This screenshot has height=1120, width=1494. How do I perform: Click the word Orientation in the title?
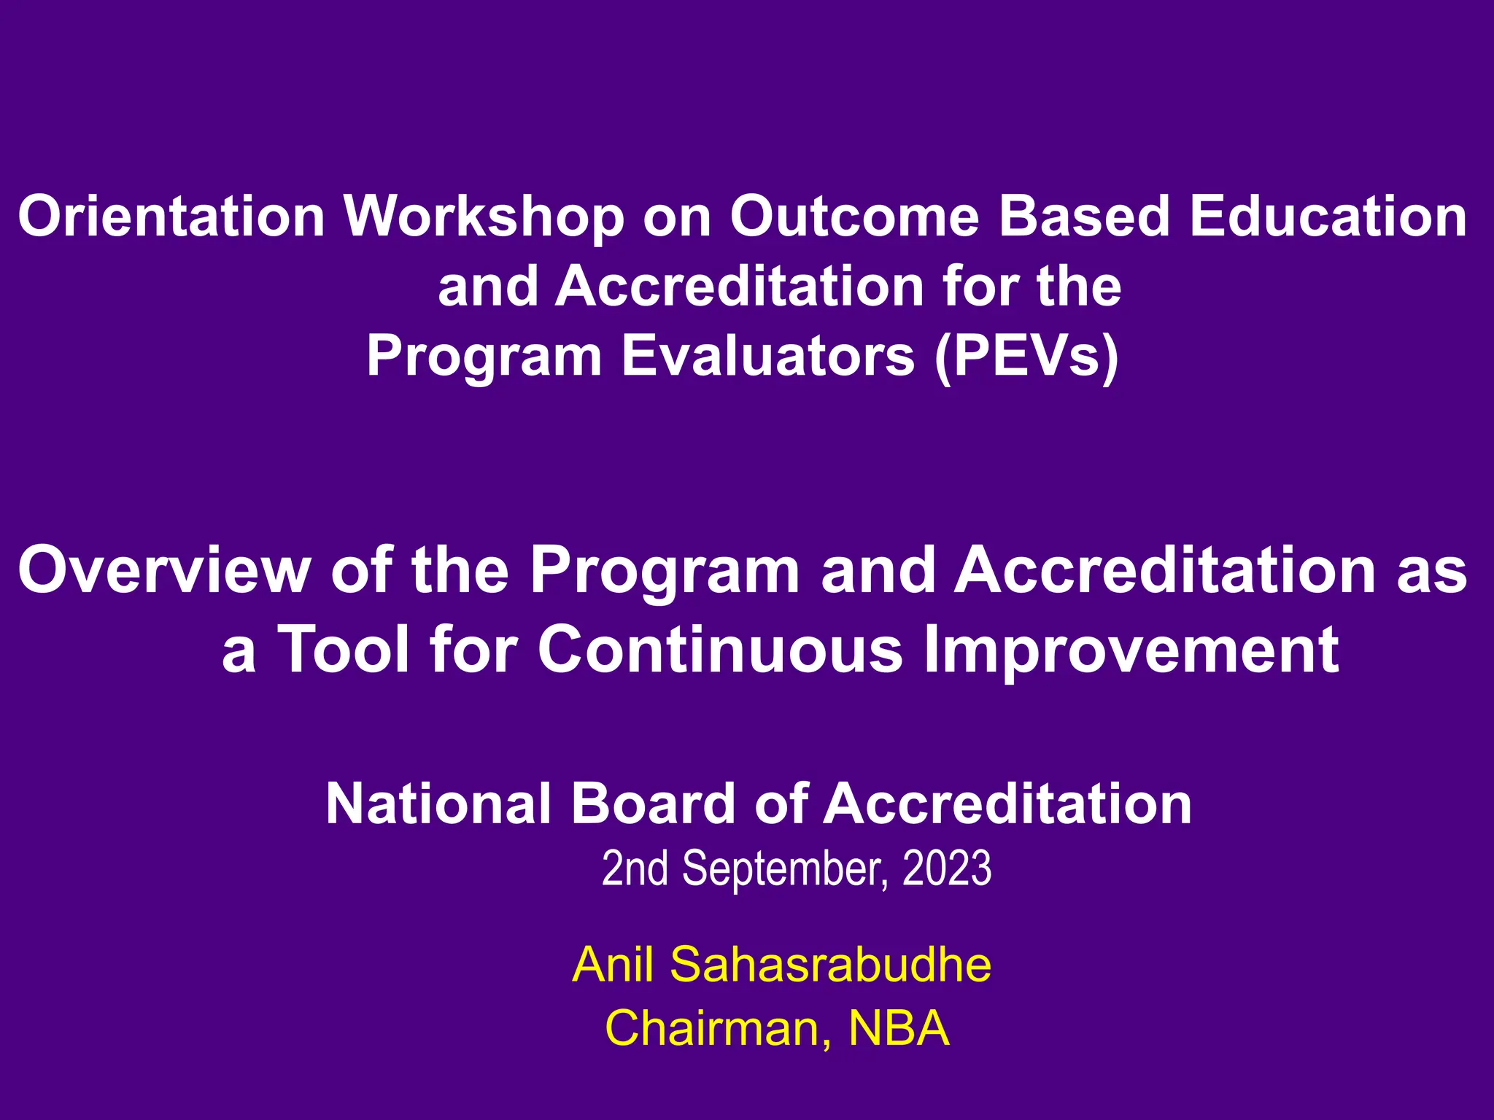pos(171,217)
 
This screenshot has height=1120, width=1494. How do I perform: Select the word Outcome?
pos(854,217)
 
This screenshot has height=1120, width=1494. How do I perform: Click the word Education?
pos(1328,217)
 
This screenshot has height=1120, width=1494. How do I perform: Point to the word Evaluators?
pos(767,357)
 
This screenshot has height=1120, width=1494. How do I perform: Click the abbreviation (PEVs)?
pos(1026,357)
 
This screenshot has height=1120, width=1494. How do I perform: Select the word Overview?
pos(164,571)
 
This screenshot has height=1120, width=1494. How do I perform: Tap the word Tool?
pos(345,650)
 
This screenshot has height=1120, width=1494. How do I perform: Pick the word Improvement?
pos(1131,650)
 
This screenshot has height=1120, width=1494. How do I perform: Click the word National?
pos(438,804)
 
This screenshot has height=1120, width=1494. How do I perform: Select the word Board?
pos(654,804)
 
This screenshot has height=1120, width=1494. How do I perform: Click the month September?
pos(785,869)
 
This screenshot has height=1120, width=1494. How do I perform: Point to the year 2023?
pos(947,869)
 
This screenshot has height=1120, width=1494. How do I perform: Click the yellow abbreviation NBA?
pos(899,1029)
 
